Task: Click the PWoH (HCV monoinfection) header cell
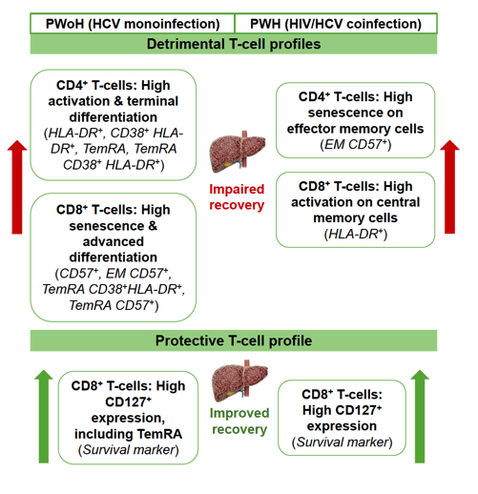click(133, 23)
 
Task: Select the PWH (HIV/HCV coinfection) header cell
click(336, 23)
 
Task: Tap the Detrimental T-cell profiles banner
click(234, 44)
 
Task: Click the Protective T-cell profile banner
click(234, 340)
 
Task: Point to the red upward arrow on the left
click(17, 187)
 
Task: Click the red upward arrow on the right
click(449, 187)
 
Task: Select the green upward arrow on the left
click(44, 417)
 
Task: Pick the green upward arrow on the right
click(420, 417)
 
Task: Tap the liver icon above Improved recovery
click(240, 381)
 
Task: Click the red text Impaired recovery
click(237, 197)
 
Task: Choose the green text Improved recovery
click(239, 422)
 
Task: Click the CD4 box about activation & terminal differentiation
click(114, 125)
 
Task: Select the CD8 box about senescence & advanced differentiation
click(114, 257)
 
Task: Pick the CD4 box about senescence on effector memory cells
click(356, 120)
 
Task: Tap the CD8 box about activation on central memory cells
click(356, 210)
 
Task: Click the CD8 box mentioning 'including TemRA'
click(128, 418)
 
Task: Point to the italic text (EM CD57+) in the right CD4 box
click(356, 145)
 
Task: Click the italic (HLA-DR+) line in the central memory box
click(356, 235)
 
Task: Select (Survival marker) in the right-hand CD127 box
click(343, 443)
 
